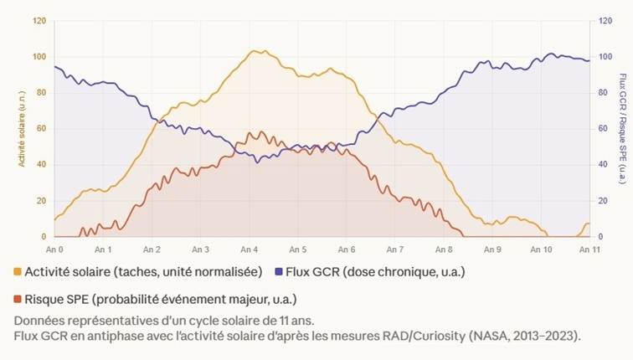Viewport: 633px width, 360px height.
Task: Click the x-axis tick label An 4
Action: (249, 249)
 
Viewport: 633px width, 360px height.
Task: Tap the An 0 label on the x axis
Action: (55, 249)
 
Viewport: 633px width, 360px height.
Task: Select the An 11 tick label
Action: (587, 249)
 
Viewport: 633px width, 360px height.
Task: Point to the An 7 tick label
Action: (394, 249)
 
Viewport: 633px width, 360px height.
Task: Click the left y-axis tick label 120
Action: (39, 21)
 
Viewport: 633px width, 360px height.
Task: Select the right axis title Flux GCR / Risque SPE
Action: (622, 129)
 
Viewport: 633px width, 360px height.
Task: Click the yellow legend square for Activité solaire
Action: (18, 272)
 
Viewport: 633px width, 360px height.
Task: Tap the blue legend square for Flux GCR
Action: (279, 272)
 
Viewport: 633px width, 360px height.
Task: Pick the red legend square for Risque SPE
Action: (18, 299)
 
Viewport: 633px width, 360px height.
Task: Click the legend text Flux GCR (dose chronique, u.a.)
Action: (375, 272)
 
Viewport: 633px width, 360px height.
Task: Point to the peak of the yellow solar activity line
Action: (256, 50)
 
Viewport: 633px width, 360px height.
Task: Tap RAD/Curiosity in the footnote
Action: (409, 336)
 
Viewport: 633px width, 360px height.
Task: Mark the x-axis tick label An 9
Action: (491, 249)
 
